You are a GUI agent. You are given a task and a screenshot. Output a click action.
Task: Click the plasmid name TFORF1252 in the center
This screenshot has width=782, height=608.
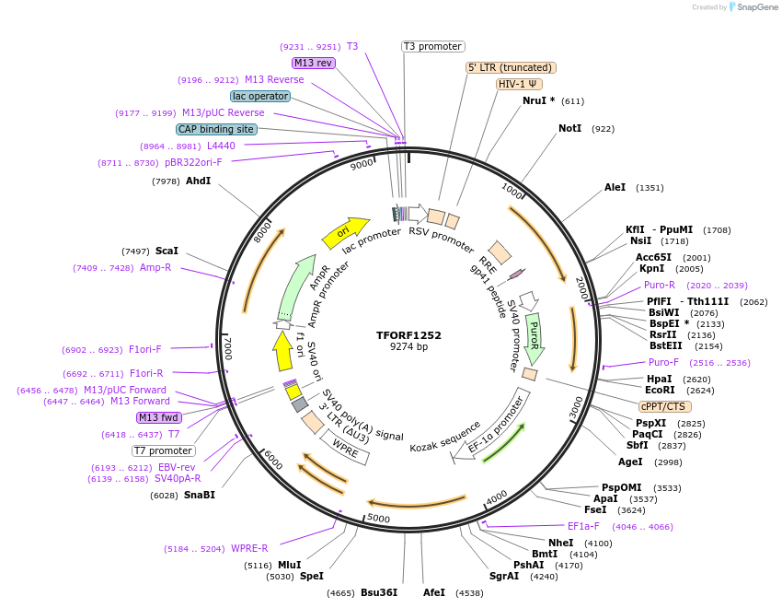[408, 335]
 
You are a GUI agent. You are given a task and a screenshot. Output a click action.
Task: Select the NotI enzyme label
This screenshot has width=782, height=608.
[570, 128]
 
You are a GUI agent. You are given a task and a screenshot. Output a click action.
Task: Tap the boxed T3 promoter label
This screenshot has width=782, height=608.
[433, 46]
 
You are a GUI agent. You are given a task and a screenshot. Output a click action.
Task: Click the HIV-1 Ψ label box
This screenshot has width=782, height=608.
[519, 84]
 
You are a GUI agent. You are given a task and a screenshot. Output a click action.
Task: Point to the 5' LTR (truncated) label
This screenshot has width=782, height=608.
[511, 67]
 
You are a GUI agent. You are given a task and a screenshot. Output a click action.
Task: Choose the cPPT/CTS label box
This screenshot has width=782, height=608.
[665, 406]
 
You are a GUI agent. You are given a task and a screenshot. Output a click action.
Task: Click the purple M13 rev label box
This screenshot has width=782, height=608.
[313, 63]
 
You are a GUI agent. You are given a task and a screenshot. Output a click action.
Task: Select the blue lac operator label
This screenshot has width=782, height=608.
[260, 96]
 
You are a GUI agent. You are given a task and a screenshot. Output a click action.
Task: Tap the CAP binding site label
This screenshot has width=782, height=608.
[216, 130]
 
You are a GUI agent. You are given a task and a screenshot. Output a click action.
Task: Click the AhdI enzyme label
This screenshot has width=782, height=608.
[199, 181]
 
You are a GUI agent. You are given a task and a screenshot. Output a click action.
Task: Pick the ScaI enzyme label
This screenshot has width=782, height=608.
[167, 251]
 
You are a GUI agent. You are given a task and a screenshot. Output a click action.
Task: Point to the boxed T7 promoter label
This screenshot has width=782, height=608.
[164, 450]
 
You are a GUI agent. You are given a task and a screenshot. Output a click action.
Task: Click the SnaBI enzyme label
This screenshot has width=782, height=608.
[200, 495]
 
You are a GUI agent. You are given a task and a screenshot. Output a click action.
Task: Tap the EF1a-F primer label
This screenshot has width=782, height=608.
[583, 527]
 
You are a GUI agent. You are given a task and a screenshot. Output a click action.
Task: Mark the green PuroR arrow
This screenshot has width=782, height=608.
[534, 336]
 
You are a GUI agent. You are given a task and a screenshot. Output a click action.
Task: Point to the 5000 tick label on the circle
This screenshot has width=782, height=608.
[379, 519]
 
